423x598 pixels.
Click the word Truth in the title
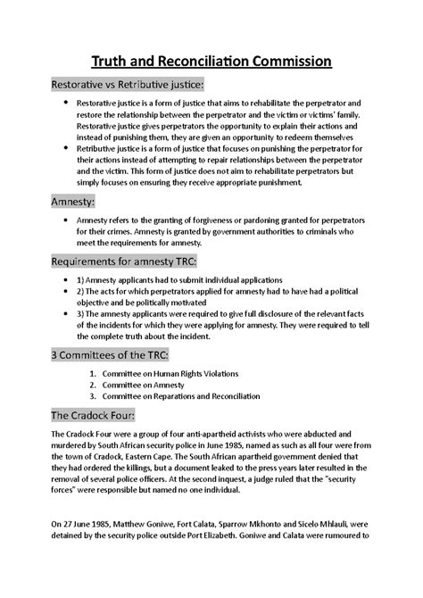click(x=112, y=62)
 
